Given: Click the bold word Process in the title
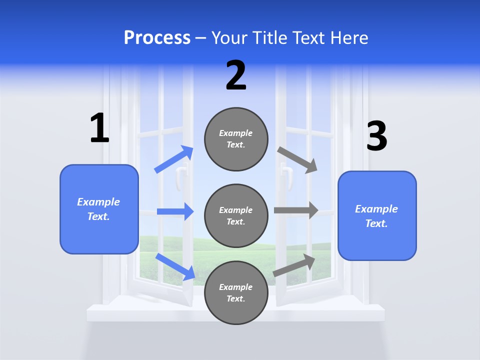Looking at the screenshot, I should pyautogui.click(x=157, y=37).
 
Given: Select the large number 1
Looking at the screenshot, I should pyautogui.click(x=99, y=128).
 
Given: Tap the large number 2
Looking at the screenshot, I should pyautogui.click(x=236, y=75).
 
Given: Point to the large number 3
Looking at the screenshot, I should pyautogui.click(x=376, y=136).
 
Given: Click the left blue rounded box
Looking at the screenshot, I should pyautogui.click(x=99, y=209).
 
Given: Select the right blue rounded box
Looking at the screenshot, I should pyautogui.click(x=377, y=215).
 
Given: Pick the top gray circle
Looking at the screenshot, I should pyautogui.click(x=236, y=139).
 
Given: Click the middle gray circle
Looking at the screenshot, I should pyautogui.click(x=236, y=215).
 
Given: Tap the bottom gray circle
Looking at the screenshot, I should pyautogui.click(x=236, y=292).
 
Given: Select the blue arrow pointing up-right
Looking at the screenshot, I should pyautogui.click(x=174, y=159).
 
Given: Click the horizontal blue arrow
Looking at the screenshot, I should pyautogui.click(x=175, y=211).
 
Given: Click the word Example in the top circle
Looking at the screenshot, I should pyautogui.click(x=236, y=133).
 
